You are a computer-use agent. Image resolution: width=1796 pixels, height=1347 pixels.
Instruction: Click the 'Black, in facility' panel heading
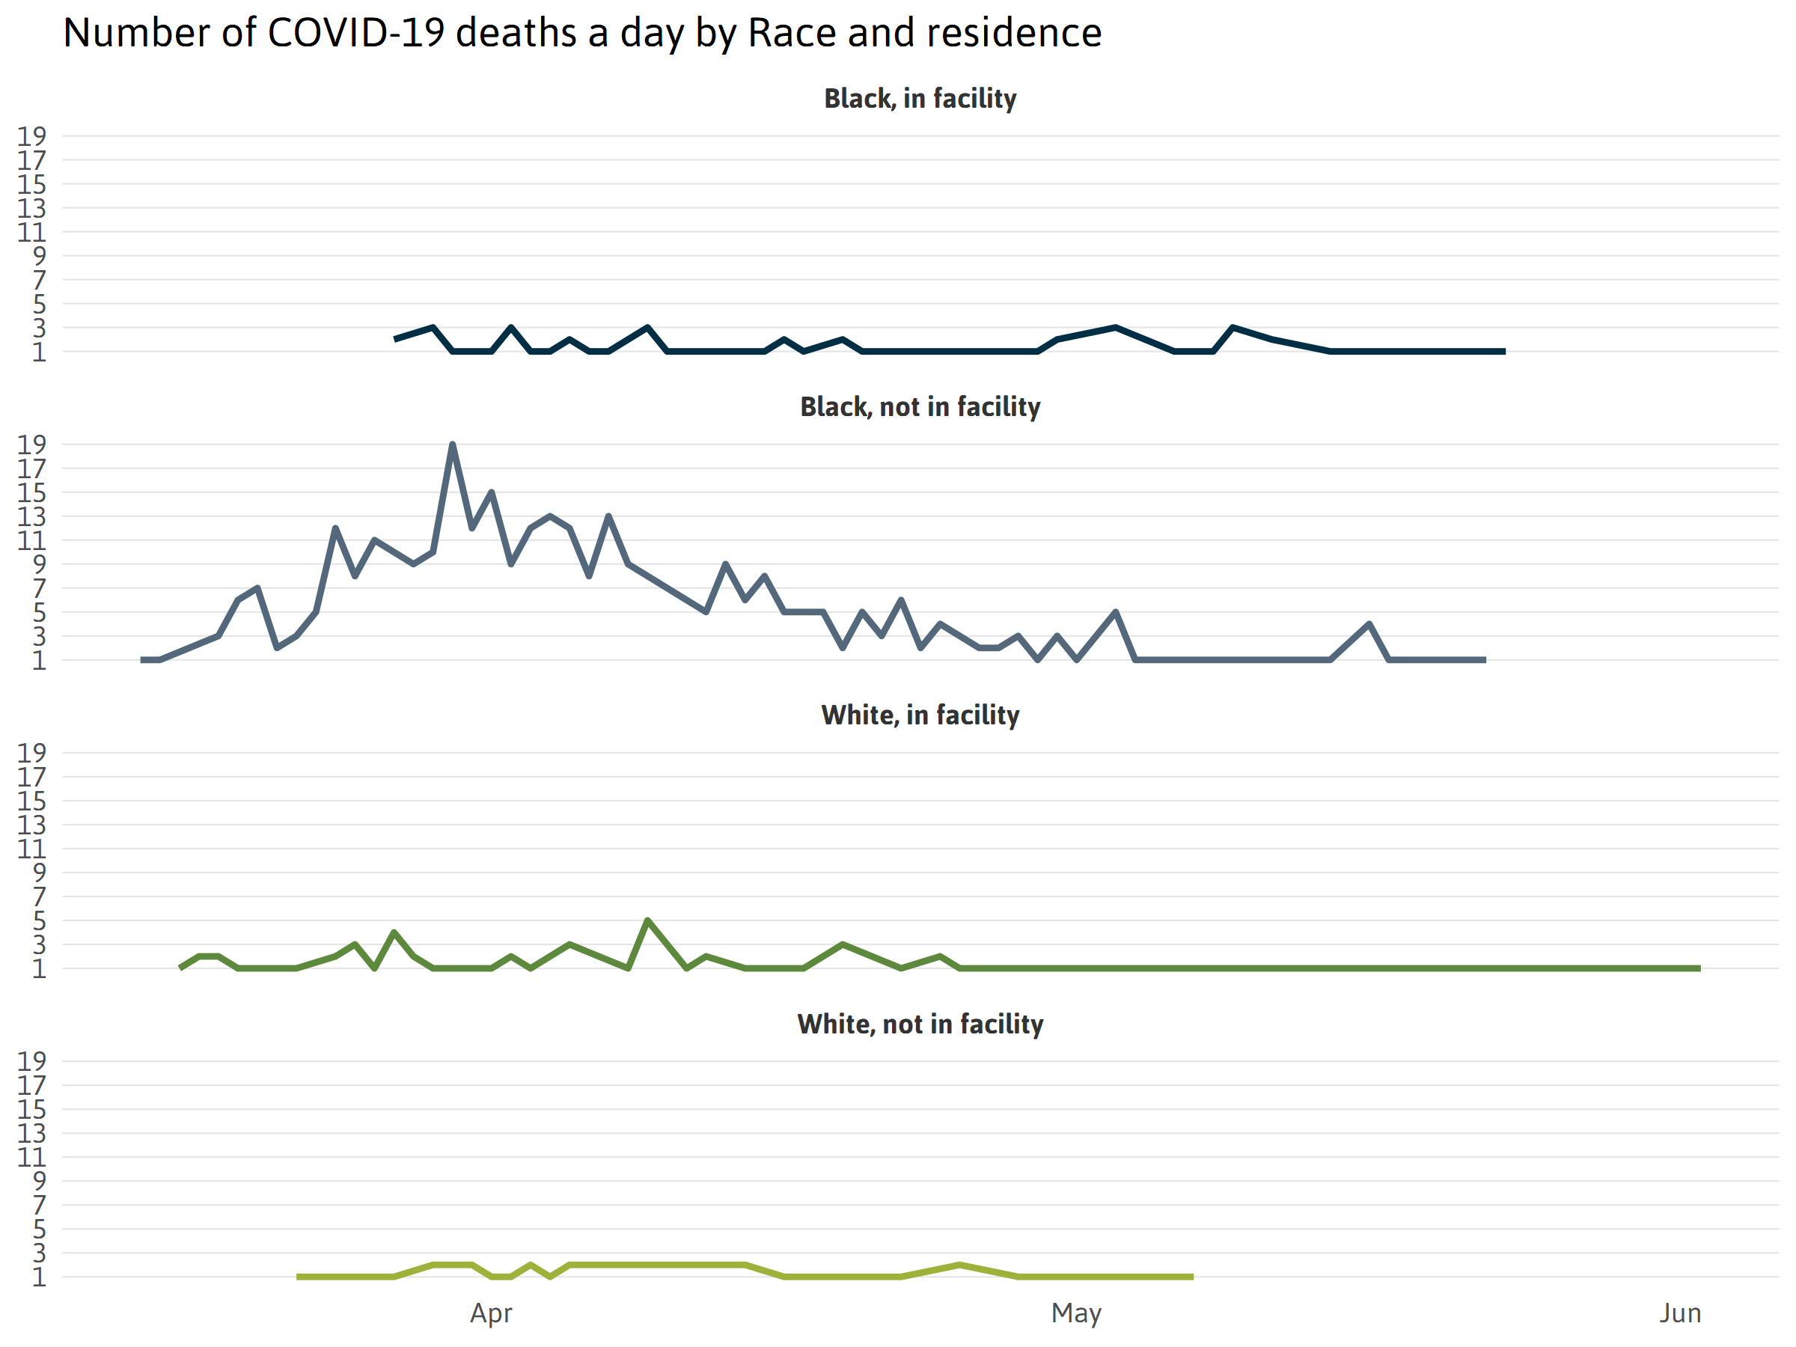point(920,99)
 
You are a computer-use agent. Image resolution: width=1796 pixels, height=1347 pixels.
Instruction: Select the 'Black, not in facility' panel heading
point(920,407)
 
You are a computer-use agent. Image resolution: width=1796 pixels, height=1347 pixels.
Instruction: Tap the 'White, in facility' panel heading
point(920,715)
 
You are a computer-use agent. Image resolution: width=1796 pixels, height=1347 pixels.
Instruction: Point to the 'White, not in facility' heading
point(920,1024)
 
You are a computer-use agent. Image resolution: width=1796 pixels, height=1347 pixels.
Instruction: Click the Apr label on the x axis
point(490,1313)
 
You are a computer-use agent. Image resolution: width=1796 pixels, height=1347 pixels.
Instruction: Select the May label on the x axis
point(1076,1313)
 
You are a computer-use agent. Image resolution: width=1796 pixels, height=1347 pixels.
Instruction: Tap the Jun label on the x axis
point(1679,1313)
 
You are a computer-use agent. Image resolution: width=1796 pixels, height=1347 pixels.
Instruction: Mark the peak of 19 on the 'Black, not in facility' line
point(452,445)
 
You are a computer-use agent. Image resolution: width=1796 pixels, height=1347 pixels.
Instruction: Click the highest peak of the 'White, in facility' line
point(647,920)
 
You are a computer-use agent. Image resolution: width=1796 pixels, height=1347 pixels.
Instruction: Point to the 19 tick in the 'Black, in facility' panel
point(31,136)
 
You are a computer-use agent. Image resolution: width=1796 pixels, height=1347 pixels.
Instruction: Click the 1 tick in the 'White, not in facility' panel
point(39,1277)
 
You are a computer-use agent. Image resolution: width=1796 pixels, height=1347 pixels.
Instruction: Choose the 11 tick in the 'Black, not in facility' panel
point(31,541)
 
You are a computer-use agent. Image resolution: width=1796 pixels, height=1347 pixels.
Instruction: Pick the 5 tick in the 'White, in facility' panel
point(39,920)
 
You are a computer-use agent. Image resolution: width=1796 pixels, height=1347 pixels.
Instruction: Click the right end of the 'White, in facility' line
point(1699,968)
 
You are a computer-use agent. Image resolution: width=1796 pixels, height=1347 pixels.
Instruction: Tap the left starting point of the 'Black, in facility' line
point(395,338)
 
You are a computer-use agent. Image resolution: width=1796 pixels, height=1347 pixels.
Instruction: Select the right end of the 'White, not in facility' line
point(1192,1277)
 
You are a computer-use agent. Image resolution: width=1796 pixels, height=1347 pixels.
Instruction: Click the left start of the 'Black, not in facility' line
point(142,660)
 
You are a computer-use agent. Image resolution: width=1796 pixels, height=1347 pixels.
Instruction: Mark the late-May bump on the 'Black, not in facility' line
point(1369,624)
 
